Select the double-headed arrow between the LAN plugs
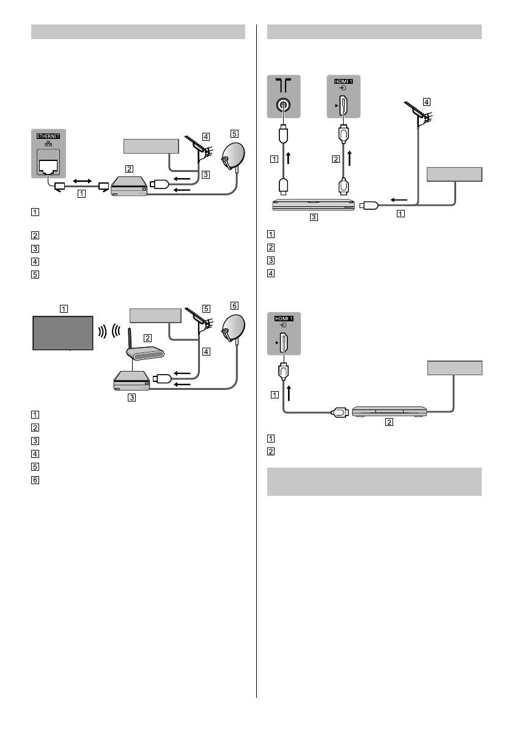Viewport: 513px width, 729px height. point(83,182)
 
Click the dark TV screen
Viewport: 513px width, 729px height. point(62,332)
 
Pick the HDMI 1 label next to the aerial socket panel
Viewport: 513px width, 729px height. point(342,81)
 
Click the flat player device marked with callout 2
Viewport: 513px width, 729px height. point(388,413)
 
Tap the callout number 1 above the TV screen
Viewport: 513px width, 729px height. point(64,309)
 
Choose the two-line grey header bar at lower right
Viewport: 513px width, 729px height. point(375,482)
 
